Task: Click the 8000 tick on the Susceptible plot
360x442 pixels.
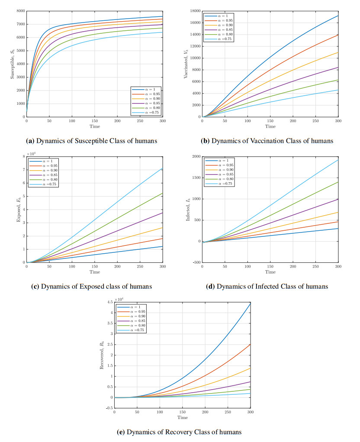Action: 20,10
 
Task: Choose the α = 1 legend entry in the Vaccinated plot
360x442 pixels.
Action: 222,16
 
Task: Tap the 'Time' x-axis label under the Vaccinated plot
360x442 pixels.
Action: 270,126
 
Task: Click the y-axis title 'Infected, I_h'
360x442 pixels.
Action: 188,210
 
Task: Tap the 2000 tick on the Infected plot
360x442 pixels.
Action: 195,156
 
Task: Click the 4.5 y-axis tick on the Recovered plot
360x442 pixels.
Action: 110,302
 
